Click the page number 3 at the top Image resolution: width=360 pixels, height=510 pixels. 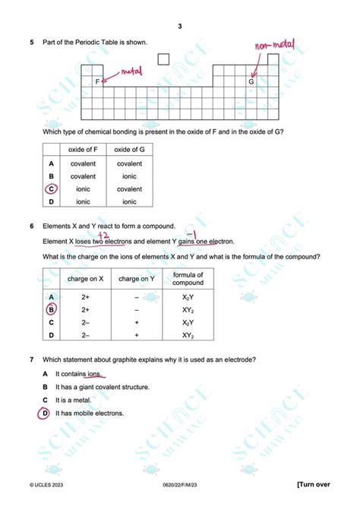[180, 28]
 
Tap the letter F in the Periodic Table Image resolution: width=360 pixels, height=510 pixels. [97, 81]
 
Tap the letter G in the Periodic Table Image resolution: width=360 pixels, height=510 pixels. [251, 81]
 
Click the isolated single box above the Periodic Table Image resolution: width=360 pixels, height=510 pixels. [163, 59]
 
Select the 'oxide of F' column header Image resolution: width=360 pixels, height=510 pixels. [83, 150]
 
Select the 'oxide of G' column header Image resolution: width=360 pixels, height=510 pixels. [129, 150]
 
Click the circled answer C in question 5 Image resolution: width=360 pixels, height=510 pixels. [51, 188]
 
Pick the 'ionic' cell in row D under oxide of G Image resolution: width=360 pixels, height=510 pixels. [129, 201]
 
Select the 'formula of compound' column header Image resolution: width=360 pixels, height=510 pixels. [188, 279]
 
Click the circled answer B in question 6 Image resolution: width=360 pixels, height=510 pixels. [51, 309]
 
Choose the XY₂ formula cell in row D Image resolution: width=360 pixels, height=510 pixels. [188, 335]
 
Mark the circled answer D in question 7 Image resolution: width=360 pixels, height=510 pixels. [46, 413]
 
